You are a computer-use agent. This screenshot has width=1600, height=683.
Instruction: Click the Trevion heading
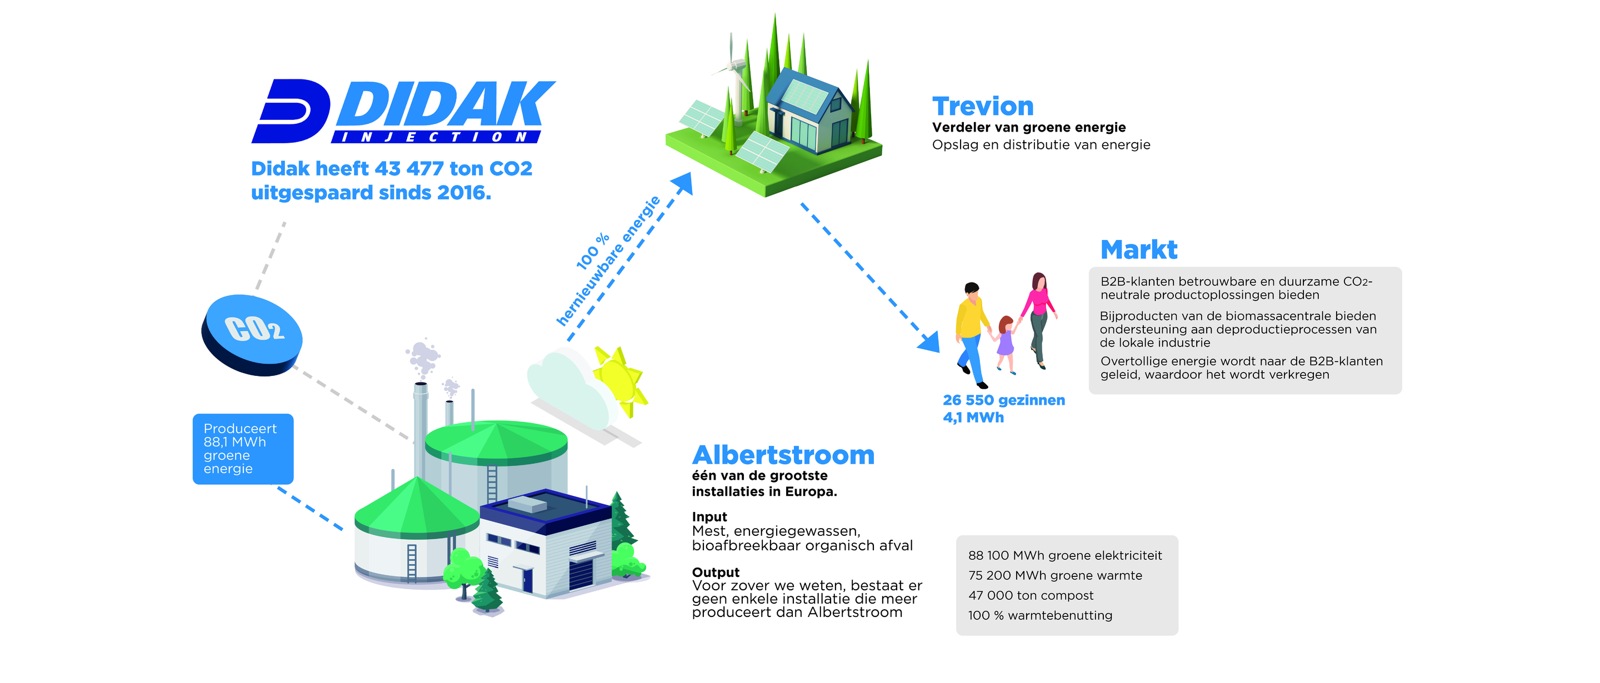click(983, 106)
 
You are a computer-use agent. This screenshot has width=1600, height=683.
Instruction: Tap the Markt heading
click(1138, 250)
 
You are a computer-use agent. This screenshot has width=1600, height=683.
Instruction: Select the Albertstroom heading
click(783, 455)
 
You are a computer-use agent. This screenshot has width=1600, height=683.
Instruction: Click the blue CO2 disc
click(252, 335)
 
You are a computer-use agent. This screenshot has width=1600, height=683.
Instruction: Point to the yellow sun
click(619, 380)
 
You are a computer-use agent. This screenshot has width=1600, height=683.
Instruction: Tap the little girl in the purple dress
click(1004, 344)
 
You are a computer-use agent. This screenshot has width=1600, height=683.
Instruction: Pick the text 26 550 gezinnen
click(1004, 400)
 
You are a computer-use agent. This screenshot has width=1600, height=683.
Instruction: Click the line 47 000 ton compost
click(1031, 595)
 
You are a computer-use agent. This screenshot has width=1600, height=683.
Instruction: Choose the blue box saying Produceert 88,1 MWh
click(243, 449)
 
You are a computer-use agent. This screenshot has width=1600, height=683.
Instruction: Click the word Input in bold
click(709, 516)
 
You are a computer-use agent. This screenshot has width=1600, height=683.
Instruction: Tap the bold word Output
click(716, 572)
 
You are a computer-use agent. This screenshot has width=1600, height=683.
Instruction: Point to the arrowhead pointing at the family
click(930, 341)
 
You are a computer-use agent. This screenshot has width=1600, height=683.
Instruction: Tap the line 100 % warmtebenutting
click(1040, 615)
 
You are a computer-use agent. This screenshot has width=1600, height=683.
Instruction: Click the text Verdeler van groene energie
click(1028, 127)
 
